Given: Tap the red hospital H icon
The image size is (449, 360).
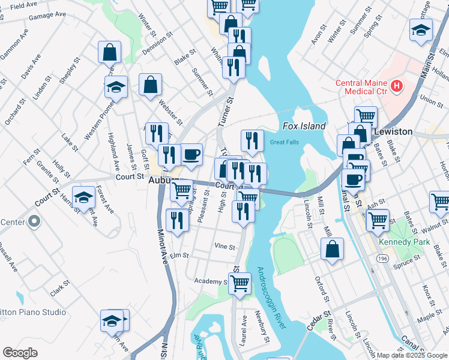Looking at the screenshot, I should tap(396, 86).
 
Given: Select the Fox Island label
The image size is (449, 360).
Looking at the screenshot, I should tap(304, 126).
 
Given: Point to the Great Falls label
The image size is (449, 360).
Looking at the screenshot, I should tap(284, 142).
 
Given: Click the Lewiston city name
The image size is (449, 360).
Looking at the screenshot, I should tap(393, 131).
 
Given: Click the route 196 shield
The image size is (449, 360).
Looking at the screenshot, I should tap(382, 257).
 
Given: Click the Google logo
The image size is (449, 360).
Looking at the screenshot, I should tap(20, 353).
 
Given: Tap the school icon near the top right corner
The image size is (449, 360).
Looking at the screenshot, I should tap(421, 29).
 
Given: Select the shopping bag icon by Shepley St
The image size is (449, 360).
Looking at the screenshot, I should tap(110, 52).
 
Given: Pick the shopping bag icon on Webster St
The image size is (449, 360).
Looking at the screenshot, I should tap(150, 85).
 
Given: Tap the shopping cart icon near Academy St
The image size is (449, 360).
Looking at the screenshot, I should tap(240, 283).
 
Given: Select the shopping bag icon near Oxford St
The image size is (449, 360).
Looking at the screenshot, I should tap(332, 248).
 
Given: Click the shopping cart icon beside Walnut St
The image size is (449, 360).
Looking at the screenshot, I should tap(378, 220).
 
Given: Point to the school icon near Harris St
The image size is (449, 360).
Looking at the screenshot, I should tap(83, 197).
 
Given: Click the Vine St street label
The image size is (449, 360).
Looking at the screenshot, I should tap(223, 246).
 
